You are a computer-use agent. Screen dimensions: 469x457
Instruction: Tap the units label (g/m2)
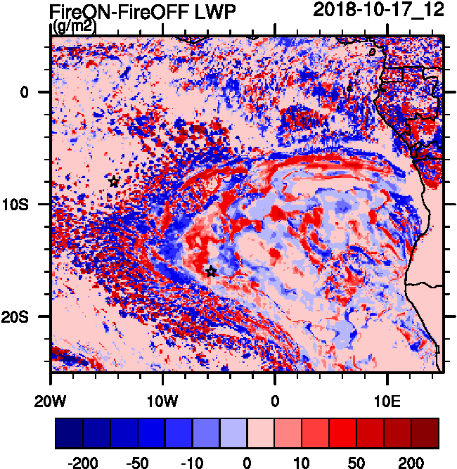pyautogui.click(x=75, y=27)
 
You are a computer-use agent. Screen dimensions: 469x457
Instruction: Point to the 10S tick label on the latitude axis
pyautogui.click(x=27, y=205)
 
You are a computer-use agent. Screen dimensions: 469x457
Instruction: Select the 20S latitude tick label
pyautogui.click(x=27, y=317)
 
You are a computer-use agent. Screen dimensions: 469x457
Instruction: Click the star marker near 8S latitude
pyautogui.click(x=114, y=181)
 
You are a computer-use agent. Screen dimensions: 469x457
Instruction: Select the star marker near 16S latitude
pyautogui.click(x=211, y=271)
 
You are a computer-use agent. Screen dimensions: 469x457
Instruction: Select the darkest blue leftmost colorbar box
pyautogui.click(x=69, y=434)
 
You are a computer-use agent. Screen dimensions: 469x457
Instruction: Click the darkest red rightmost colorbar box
pyautogui.click(x=425, y=434)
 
